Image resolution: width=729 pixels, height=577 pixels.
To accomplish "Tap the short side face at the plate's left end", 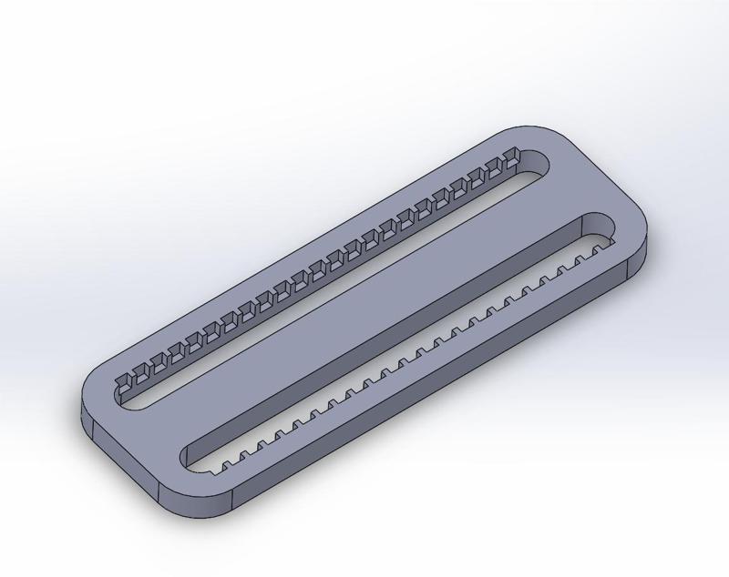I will [118, 464].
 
